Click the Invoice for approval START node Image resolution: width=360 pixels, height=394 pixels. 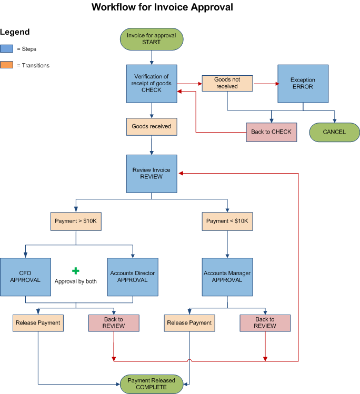(x=152, y=39)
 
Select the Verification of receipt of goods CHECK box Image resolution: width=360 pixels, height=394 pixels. (x=152, y=84)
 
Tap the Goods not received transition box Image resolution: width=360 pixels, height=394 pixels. (x=227, y=83)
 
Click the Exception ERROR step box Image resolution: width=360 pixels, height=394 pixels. (x=303, y=84)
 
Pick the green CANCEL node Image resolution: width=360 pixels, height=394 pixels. (x=334, y=132)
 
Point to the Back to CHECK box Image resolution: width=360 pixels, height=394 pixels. (x=271, y=132)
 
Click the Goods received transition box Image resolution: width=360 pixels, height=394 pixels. (x=152, y=127)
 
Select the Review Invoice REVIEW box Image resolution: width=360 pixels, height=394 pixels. (x=152, y=174)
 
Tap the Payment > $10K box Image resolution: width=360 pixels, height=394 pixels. (x=76, y=221)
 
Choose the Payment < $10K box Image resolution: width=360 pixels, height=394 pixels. (x=227, y=221)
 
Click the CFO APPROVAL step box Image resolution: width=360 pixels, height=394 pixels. (x=25, y=277)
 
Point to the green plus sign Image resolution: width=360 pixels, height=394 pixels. (x=76, y=270)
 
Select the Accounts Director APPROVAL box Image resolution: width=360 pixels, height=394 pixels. (x=133, y=277)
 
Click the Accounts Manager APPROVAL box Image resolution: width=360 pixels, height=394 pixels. (x=227, y=277)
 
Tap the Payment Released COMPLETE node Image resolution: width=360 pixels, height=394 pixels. (x=152, y=384)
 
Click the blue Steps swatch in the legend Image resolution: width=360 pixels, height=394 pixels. (x=7, y=49)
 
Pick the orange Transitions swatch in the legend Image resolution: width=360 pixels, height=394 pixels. (x=7, y=66)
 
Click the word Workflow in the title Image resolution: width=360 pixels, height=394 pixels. (x=112, y=7)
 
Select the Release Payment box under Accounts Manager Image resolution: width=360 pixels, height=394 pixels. (x=189, y=323)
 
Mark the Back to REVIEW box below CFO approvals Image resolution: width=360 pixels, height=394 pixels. (x=114, y=323)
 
